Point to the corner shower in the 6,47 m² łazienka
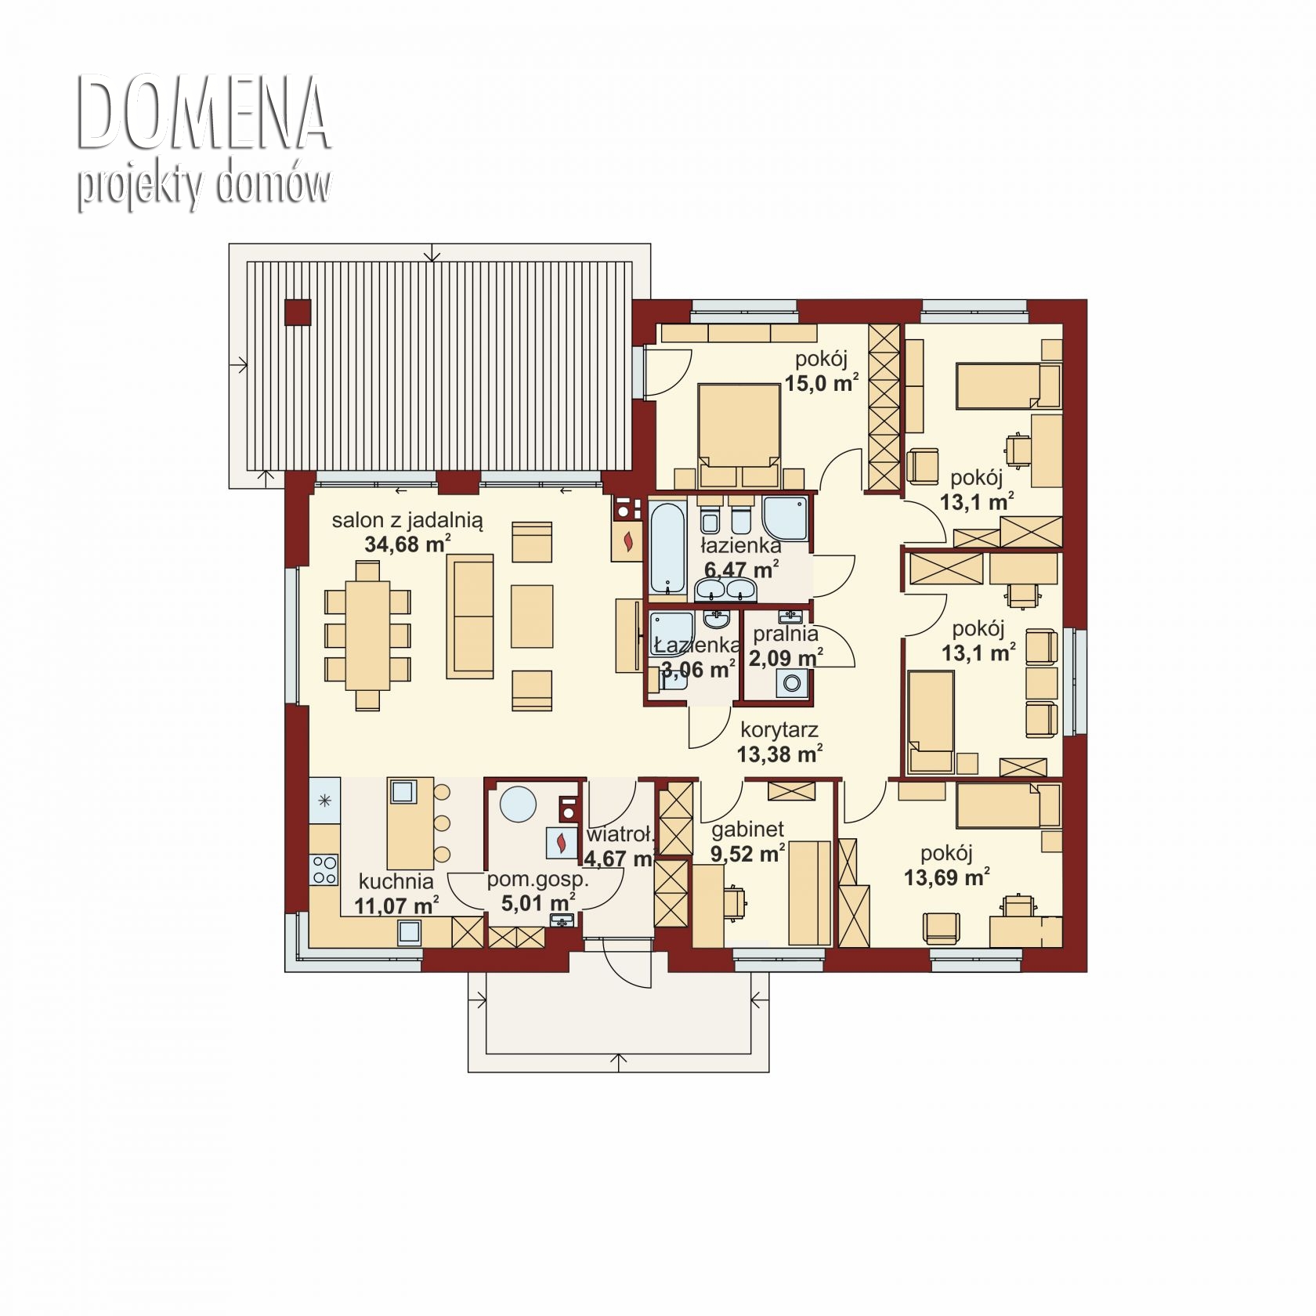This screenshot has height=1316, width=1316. [784, 518]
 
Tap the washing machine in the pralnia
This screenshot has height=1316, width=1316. [790, 685]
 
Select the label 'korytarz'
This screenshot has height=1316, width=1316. [779, 730]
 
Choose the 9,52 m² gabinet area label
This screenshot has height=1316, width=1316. [748, 853]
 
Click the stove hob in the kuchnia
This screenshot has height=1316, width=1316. [324, 868]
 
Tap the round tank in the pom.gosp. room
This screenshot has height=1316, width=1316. [518, 804]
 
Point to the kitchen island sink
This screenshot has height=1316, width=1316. [403, 791]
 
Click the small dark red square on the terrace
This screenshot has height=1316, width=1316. [298, 312]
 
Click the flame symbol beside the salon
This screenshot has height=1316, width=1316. [628, 540]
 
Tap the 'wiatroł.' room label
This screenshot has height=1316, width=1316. [620, 834]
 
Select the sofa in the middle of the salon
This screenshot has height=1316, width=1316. [470, 616]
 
